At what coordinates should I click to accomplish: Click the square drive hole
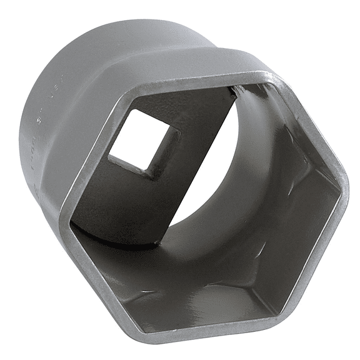click(143, 141)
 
